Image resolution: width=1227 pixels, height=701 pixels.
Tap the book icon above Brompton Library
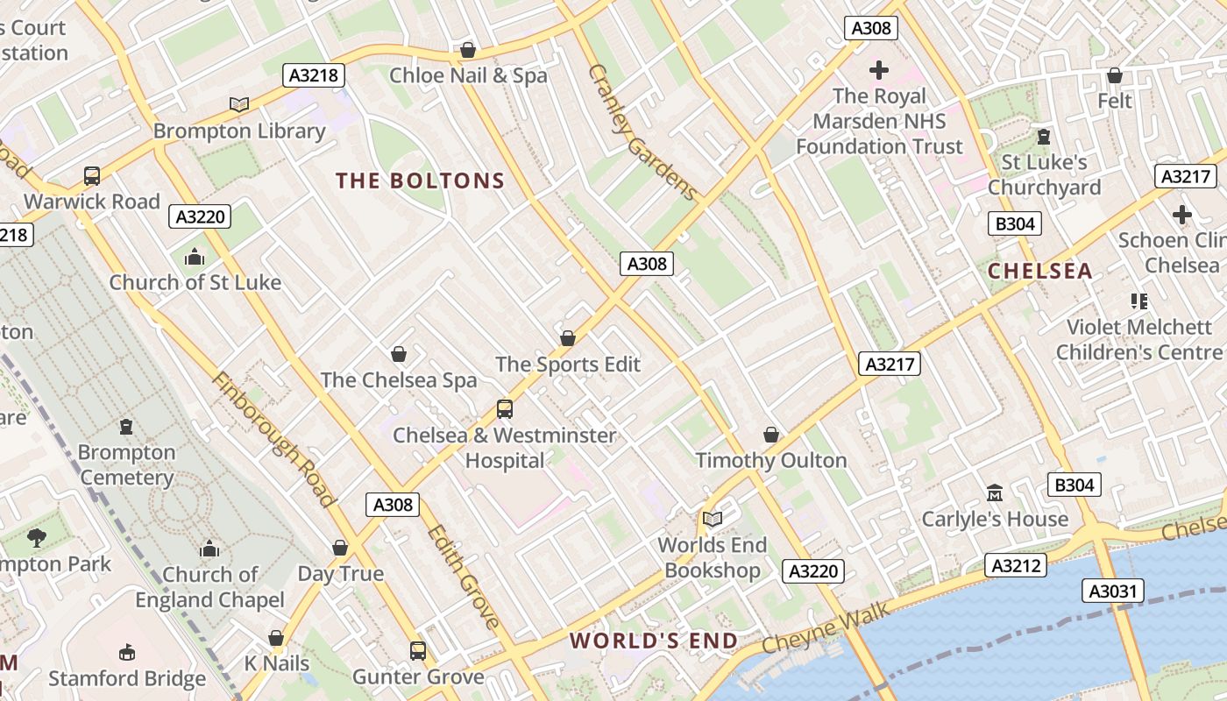[x=238, y=104]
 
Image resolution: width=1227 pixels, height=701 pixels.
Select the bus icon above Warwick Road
[x=92, y=175]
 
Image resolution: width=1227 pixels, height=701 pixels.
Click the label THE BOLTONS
[x=421, y=181]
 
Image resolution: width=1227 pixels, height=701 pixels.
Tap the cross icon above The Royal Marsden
[x=878, y=69]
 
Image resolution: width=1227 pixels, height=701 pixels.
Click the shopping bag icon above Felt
[x=1114, y=75]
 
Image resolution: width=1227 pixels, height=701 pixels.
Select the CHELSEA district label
[x=1040, y=271]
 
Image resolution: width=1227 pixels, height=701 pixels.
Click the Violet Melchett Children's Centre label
[x=1139, y=339]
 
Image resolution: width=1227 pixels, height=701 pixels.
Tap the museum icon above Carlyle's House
[x=994, y=492]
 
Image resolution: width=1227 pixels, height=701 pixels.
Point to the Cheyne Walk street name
[x=825, y=627]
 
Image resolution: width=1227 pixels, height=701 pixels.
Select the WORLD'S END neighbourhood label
[x=654, y=641]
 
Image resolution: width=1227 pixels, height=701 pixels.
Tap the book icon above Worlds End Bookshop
[x=713, y=519]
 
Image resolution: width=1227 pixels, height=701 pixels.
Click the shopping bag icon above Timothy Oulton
[x=771, y=435]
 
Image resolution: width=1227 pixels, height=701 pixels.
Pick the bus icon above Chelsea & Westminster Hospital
[x=504, y=408]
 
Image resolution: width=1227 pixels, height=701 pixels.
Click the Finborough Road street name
[x=273, y=440]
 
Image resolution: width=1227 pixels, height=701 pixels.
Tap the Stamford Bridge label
[x=127, y=678]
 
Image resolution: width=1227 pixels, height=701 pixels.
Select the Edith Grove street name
[x=464, y=577]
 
